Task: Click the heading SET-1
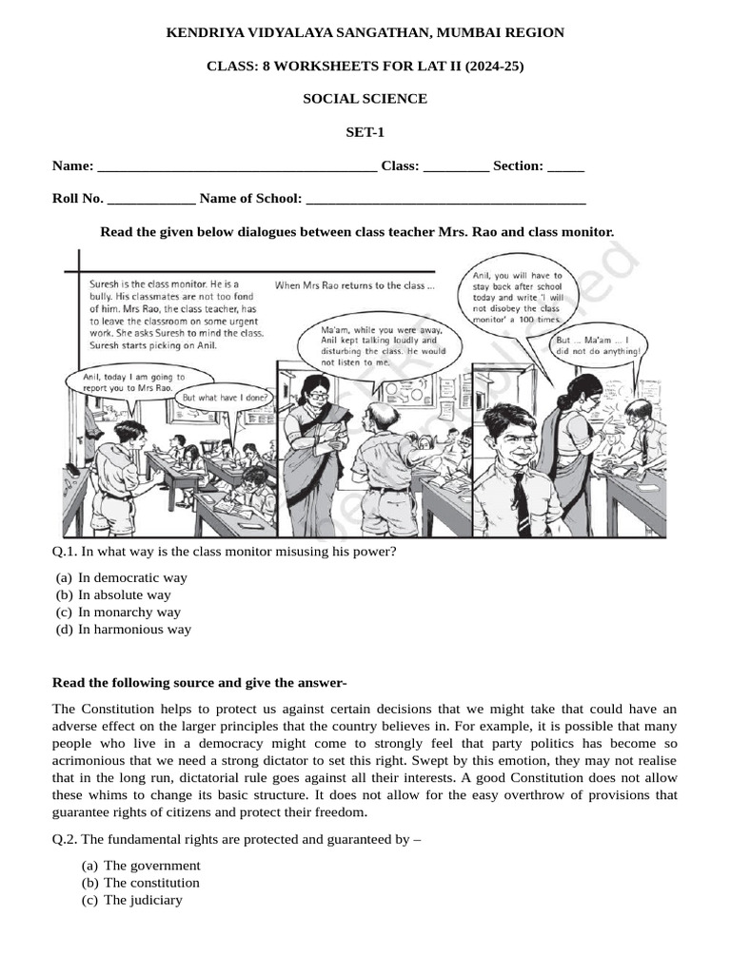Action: (365, 132)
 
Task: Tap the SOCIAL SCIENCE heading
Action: (365, 99)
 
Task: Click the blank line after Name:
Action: (237, 167)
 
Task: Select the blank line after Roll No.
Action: (151, 200)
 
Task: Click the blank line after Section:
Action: (565, 167)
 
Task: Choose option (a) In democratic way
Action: (132, 577)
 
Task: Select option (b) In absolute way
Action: (125, 594)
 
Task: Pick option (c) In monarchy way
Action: (128, 612)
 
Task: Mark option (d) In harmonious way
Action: (134, 629)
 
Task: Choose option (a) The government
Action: (151, 866)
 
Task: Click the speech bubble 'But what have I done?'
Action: (225, 398)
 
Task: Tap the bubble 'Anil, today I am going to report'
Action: (127, 382)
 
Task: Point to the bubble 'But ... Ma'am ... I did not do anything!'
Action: (600, 344)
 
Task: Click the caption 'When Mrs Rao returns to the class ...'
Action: (354, 285)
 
